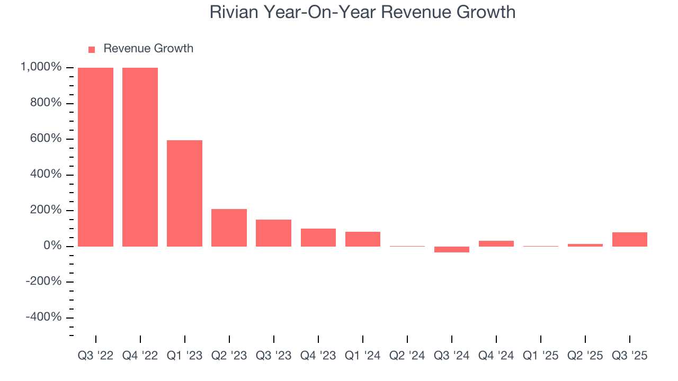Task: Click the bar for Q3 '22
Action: tap(95, 157)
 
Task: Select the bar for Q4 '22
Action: tap(140, 157)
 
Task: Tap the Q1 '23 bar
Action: tap(184, 193)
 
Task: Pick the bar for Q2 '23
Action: tap(229, 228)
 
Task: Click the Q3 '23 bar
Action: tap(273, 233)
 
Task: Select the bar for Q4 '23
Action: tap(318, 238)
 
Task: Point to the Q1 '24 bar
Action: tap(363, 239)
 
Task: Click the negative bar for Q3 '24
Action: tap(452, 249)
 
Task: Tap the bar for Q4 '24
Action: tap(496, 243)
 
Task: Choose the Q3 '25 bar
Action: tap(630, 239)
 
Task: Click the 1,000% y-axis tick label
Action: tap(41, 67)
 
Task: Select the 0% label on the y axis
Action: tap(53, 246)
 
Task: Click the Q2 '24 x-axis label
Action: tap(407, 356)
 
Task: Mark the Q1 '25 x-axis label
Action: tap(541, 356)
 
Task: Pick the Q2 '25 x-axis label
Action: tap(585, 356)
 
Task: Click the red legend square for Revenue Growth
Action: tap(92, 49)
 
